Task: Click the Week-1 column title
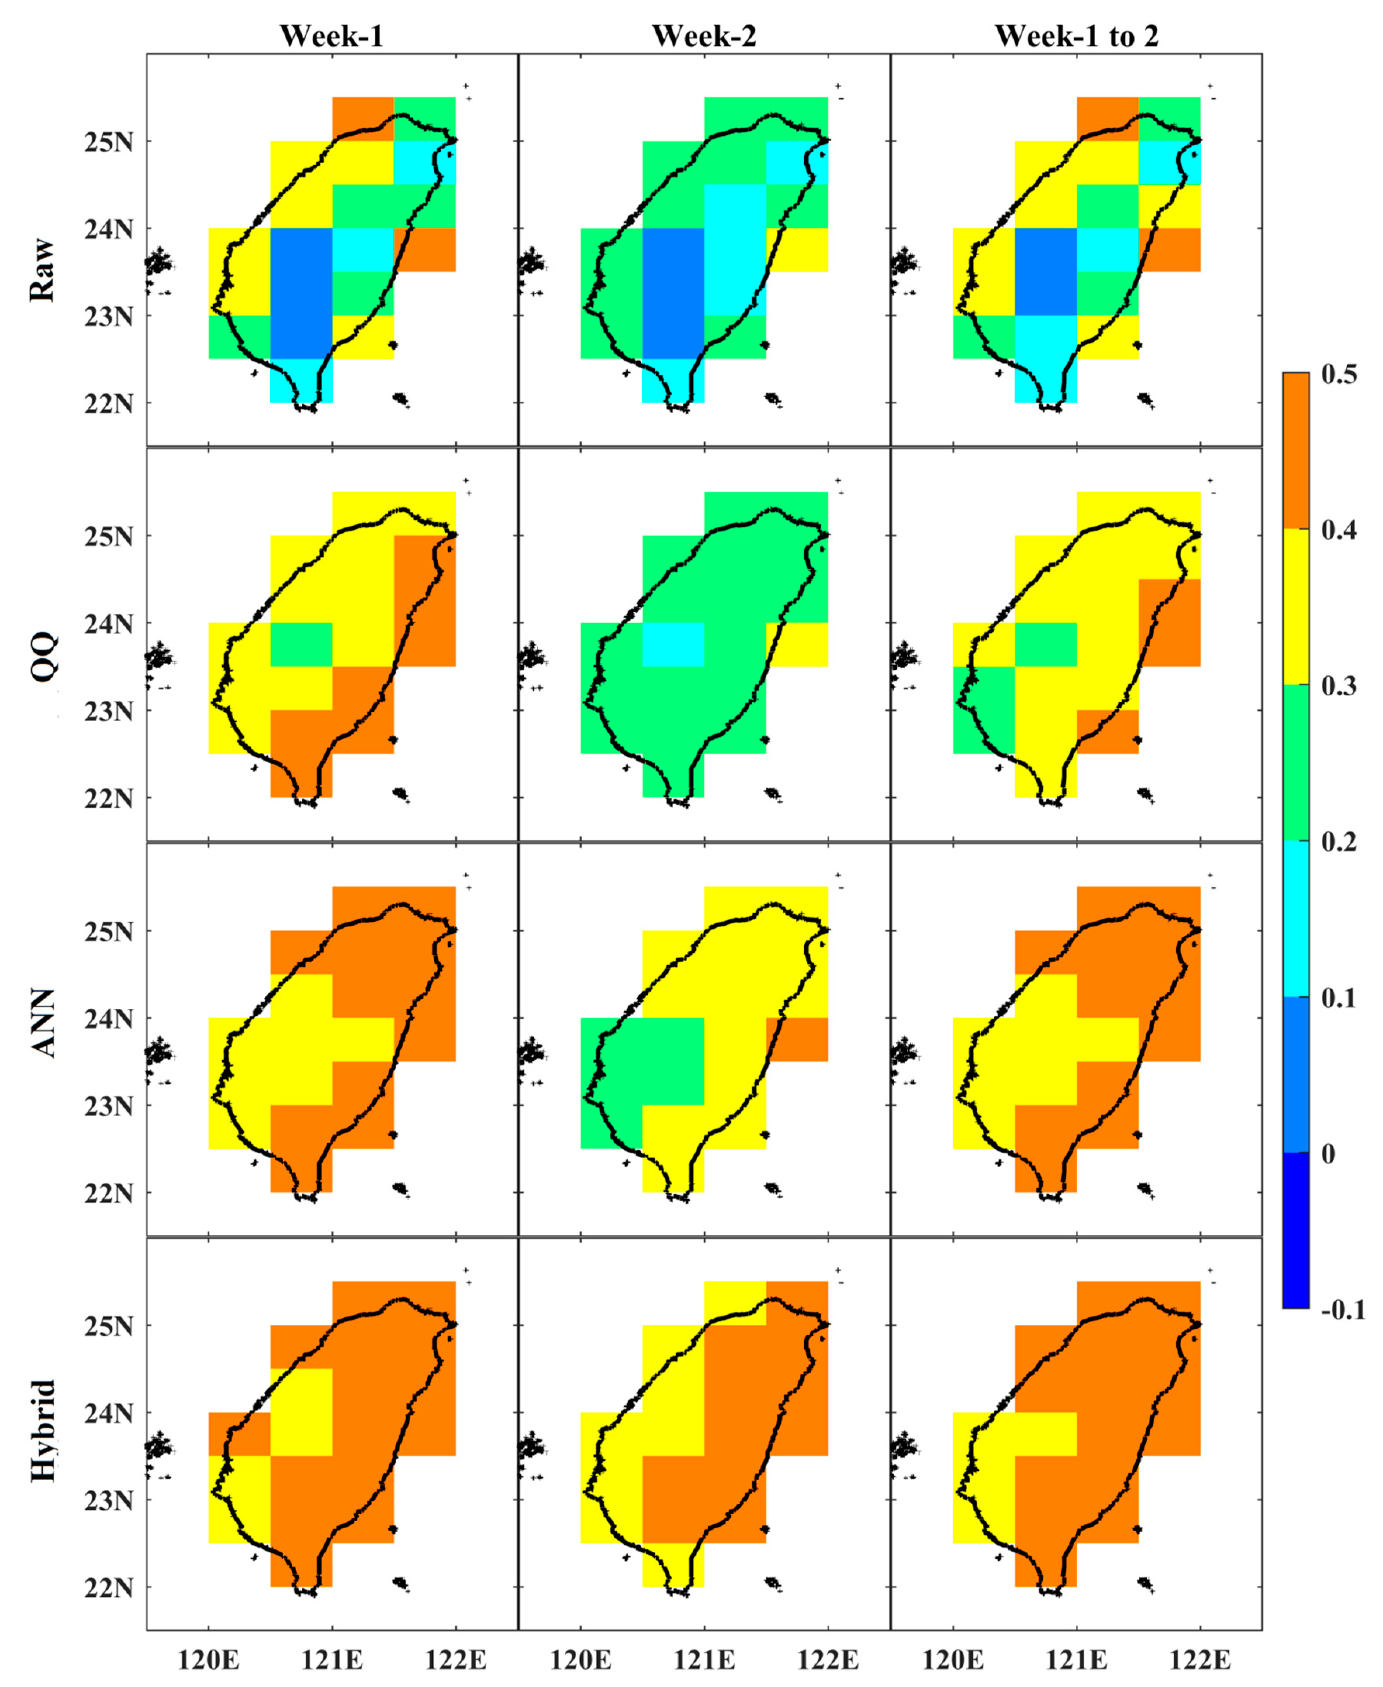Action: point(332,36)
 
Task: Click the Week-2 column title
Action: point(704,36)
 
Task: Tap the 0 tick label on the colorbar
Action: point(1328,1153)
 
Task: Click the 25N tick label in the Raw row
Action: point(108,143)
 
